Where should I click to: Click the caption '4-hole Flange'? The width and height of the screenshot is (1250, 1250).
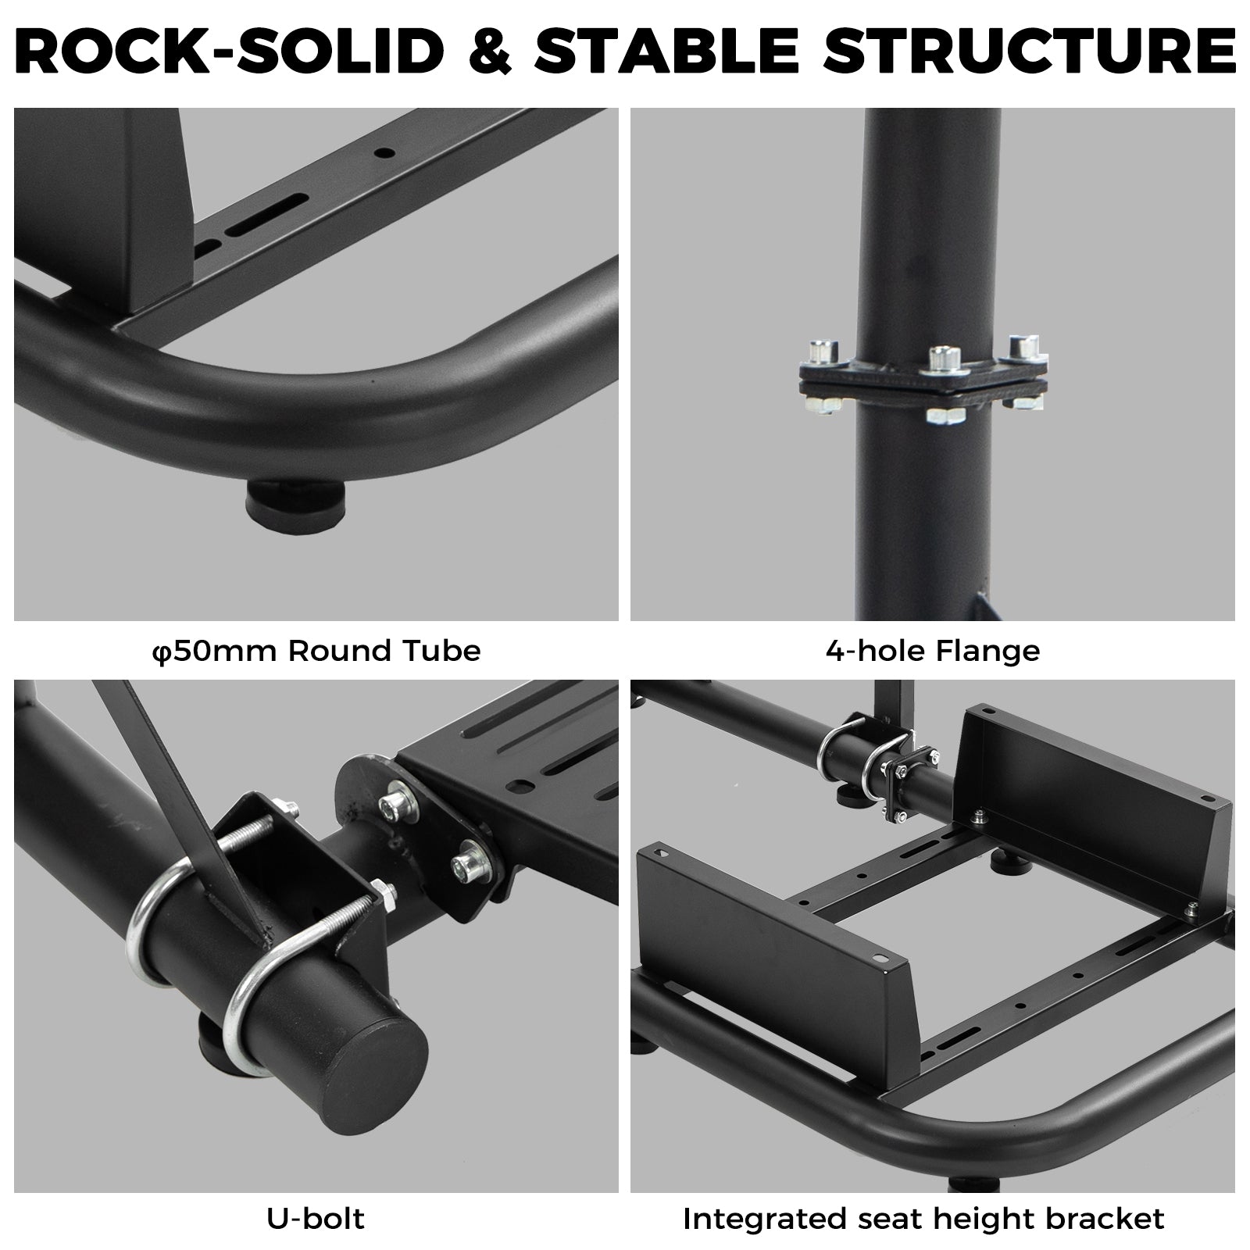933,651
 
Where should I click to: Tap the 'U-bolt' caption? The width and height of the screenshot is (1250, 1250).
316,1219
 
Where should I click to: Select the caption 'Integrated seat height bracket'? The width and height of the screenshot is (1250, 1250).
923,1219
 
